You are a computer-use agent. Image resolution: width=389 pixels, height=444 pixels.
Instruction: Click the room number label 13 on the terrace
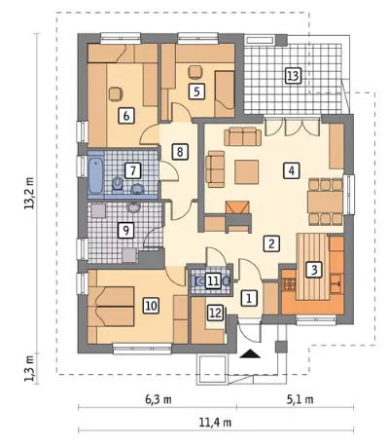point(293,76)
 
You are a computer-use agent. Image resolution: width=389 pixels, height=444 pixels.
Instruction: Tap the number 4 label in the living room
point(292,170)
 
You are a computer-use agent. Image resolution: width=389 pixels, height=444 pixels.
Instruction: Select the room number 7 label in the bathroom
point(132,170)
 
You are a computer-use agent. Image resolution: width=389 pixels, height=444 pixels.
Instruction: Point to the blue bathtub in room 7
point(96,175)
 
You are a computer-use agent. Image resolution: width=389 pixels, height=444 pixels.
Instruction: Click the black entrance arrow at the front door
point(250,353)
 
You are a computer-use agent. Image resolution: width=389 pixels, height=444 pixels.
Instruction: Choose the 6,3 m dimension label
point(158,399)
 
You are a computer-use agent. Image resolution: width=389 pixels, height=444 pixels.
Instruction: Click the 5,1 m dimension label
point(300,399)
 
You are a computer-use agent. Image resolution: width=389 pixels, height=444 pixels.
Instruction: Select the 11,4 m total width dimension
point(216,423)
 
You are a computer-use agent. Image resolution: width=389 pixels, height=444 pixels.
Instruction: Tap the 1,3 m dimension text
point(31,368)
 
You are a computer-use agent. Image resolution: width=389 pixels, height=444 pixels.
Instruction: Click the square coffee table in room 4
point(247,171)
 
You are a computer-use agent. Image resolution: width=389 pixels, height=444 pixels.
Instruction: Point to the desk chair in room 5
point(194,72)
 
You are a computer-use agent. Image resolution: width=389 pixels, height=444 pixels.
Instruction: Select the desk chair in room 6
point(116,93)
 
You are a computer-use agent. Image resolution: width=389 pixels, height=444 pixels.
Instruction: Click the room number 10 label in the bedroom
point(151,306)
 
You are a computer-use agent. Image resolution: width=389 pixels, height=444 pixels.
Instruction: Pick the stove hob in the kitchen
point(289,284)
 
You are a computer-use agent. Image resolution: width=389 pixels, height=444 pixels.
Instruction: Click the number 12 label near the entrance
point(215,314)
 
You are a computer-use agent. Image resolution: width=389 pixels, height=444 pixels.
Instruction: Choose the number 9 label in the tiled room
point(125,230)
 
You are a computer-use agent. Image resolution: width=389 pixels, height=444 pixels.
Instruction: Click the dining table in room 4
point(325,202)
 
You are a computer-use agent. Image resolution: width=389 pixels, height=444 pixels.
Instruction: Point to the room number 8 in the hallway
point(180,152)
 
